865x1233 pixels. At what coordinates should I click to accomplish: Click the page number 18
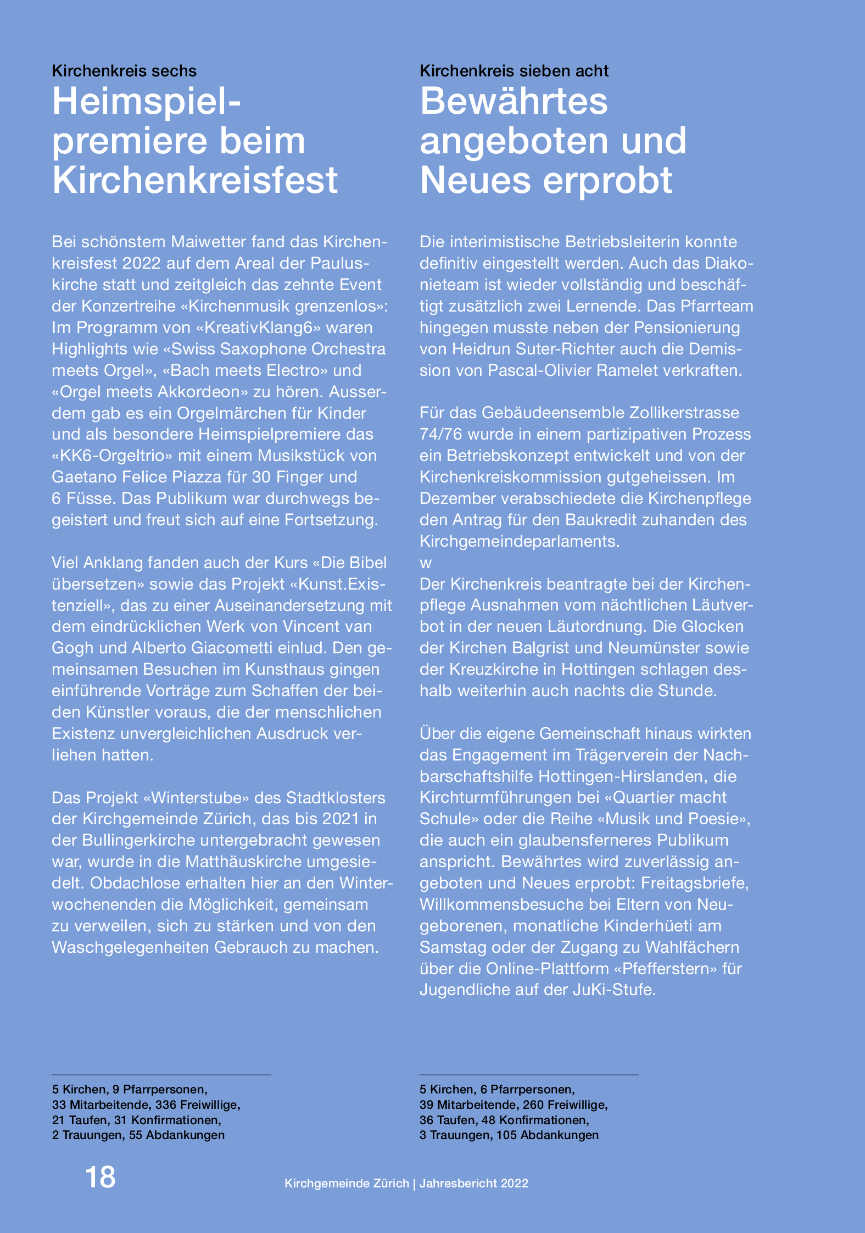pos(101,1177)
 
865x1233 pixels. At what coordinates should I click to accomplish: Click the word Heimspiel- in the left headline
pos(147,102)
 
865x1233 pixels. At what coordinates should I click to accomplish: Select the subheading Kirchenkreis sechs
pos(124,71)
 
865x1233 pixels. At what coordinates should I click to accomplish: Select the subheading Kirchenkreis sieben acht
pos(514,71)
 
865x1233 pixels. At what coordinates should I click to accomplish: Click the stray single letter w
pos(426,563)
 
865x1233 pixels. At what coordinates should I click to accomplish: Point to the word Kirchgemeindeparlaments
pos(519,541)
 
